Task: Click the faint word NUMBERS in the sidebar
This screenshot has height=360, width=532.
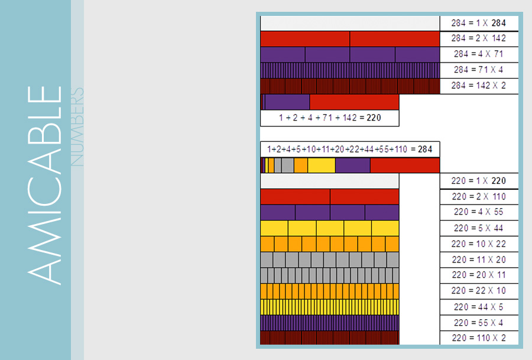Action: [x=77, y=127]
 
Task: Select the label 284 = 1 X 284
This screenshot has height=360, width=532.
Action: [x=479, y=23]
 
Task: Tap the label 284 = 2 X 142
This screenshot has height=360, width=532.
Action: [x=479, y=38]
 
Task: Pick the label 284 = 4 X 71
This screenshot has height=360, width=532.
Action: [x=479, y=54]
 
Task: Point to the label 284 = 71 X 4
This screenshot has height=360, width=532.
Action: [x=479, y=70]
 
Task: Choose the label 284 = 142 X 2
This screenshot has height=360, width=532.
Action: [x=479, y=86]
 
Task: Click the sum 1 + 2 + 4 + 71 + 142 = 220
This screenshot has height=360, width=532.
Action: [x=330, y=118]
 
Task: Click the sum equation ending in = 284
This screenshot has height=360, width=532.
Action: [x=350, y=149]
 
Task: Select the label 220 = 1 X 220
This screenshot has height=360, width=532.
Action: [x=479, y=181]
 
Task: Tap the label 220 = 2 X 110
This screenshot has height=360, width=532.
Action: [x=479, y=197]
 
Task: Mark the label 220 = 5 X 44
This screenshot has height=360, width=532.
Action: [x=479, y=228]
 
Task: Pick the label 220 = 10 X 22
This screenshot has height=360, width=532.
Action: [x=479, y=244]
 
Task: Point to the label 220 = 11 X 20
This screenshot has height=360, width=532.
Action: [x=479, y=260]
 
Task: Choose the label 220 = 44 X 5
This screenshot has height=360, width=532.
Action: [x=479, y=307]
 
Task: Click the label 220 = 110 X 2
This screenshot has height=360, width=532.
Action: [x=479, y=338]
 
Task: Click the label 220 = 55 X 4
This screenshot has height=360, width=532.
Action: [x=479, y=323]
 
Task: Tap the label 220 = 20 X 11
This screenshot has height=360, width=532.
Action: [x=479, y=275]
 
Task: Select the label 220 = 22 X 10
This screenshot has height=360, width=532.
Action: [x=479, y=291]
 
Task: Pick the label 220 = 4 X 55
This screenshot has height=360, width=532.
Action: [x=479, y=212]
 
